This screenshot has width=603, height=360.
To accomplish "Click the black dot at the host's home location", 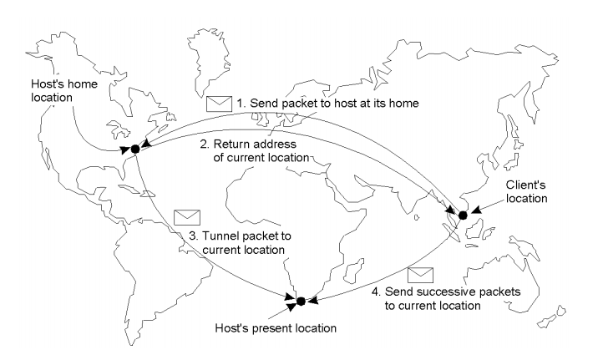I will [134, 150].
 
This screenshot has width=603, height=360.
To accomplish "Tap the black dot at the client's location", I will [463, 215].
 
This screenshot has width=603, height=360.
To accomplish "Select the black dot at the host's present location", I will [301, 300].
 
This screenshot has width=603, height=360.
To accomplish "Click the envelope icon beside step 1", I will [219, 104].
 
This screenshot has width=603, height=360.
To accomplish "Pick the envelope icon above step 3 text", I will [183, 217].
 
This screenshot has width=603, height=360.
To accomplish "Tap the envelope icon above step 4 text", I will [421, 273].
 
